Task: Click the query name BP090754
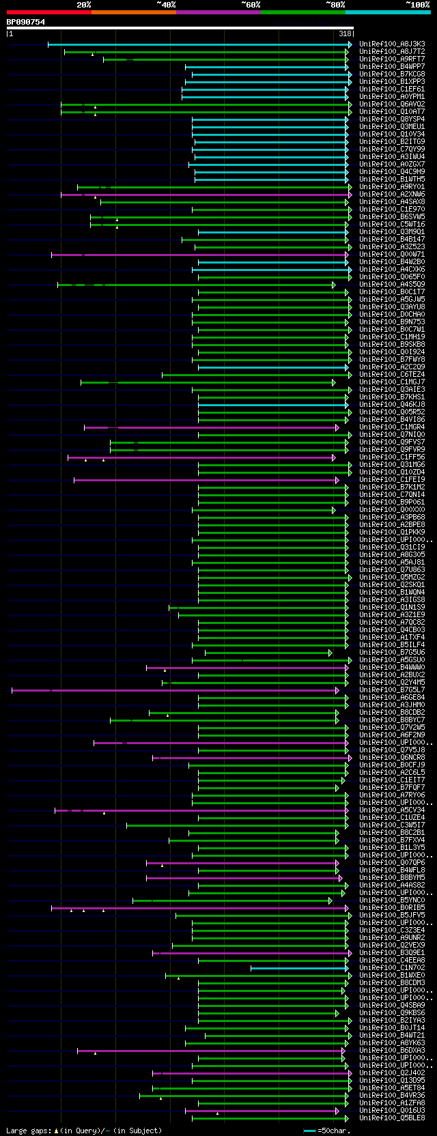click(x=26, y=22)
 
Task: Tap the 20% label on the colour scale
click(x=83, y=5)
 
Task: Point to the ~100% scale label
click(x=417, y=5)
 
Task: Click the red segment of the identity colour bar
click(x=48, y=12)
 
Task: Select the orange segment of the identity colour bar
click(x=133, y=12)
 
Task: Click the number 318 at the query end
click(x=345, y=33)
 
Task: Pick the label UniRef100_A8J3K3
click(x=392, y=44)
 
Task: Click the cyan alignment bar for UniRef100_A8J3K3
click(x=198, y=44)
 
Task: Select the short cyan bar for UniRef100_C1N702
click(x=298, y=968)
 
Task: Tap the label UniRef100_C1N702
click(x=392, y=968)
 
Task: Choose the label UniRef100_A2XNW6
click(x=392, y=195)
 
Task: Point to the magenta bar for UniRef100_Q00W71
click(x=198, y=255)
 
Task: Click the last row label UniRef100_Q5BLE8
click(x=392, y=1118)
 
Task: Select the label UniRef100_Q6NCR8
click(x=392, y=758)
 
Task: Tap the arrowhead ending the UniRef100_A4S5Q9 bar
click(x=334, y=285)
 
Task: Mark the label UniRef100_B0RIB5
click(x=392, y=908)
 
